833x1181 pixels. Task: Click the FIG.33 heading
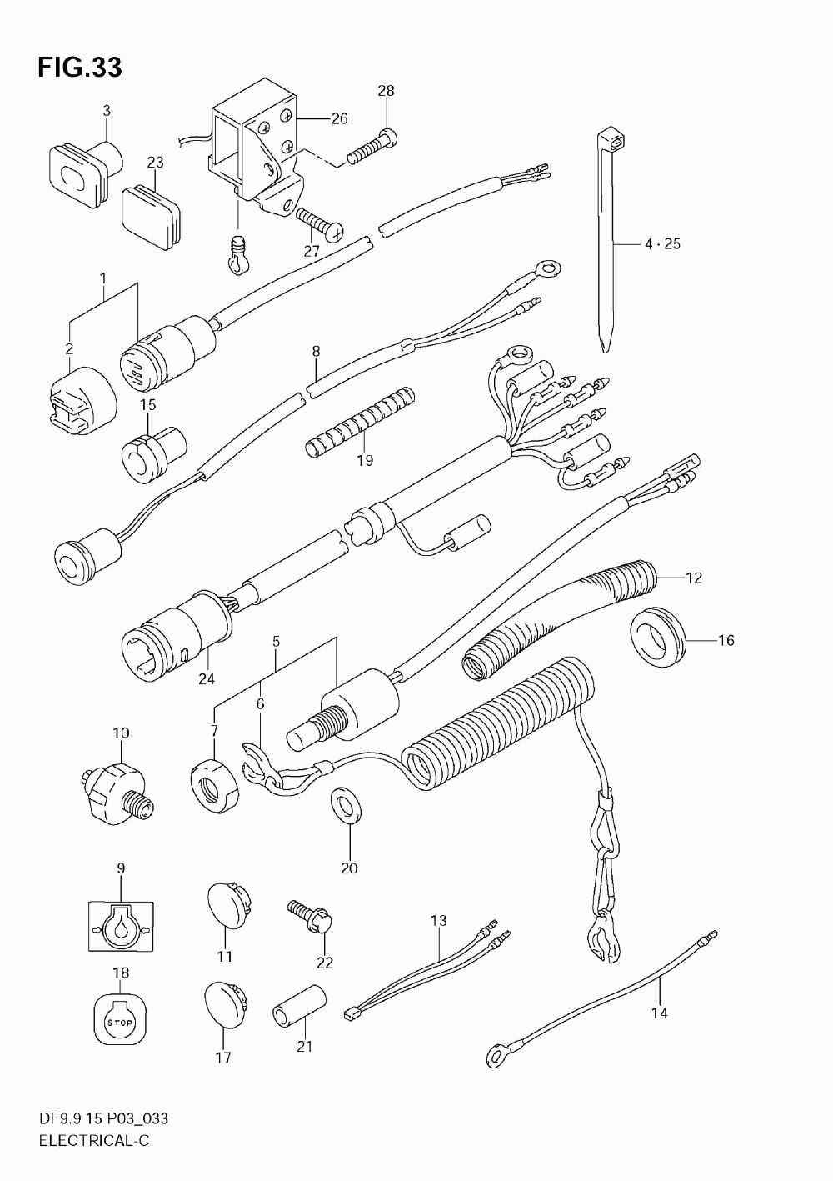pos(79,68)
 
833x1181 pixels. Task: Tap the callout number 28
pos(385,91)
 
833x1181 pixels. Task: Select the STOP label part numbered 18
pos(120,1019)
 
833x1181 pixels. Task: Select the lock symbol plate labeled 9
pos(120,925)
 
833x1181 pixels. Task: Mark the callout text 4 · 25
pos(662,244)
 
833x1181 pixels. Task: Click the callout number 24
pos(206,678)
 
